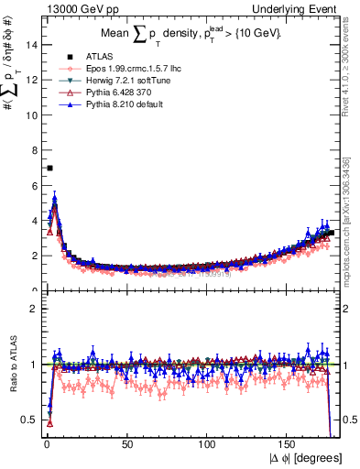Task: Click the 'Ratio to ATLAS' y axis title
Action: click(x=13, y=364)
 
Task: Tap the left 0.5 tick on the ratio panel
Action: click(x=30, y=420)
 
